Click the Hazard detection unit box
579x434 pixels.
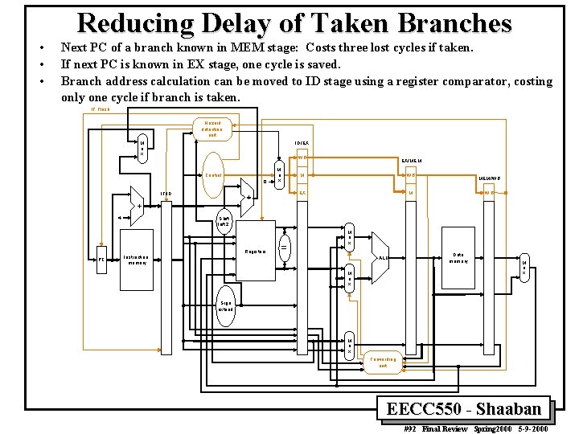click(212, 129)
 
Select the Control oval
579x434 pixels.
click(213, 175)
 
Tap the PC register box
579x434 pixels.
click(102, 260)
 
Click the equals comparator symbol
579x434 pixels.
click(284, 246)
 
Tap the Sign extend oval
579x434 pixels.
click(225, 303)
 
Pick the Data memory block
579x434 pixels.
click(458, 256)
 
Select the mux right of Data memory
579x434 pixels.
click(524, 268)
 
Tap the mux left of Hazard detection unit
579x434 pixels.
click(142, 149)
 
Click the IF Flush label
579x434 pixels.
click(101, 108)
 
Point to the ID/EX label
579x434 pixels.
click(301, 144)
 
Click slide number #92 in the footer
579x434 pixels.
click(410, 428)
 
